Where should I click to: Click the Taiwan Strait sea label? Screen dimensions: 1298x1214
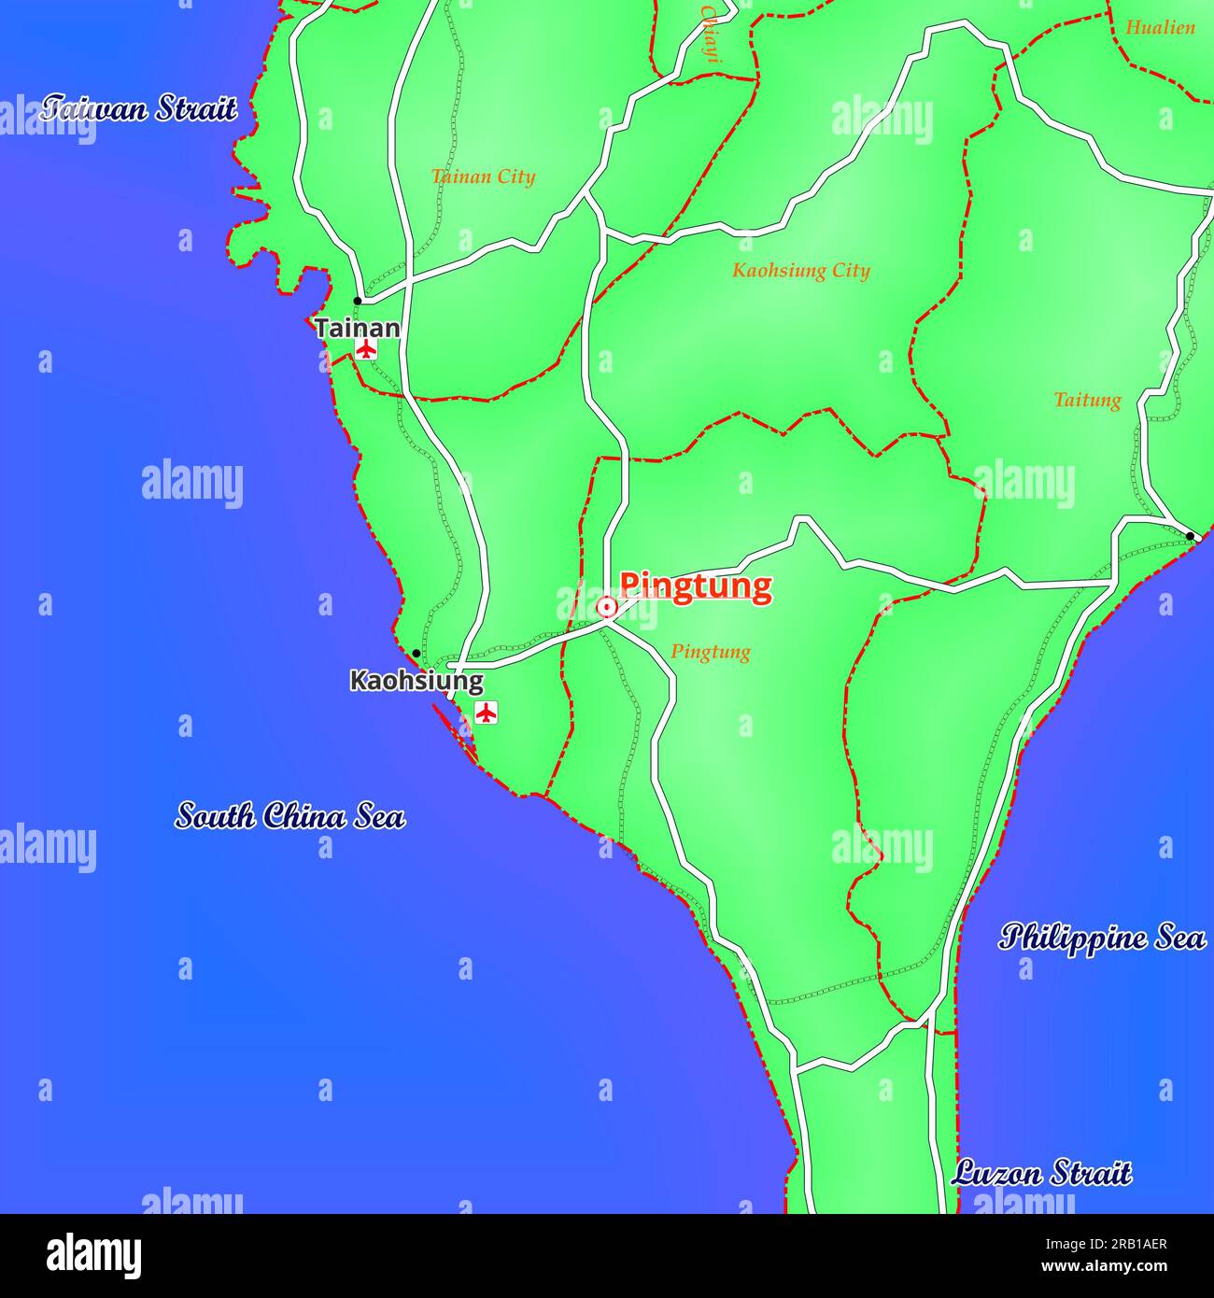(x=138, y=108)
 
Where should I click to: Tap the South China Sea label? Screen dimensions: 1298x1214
(x=289, y=816)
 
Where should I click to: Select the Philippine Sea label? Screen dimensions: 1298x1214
(x=1102, y=937)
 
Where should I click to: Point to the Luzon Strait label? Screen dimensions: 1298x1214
(x=1041, y=1173)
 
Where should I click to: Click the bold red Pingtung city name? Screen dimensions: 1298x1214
(x=696, y=586)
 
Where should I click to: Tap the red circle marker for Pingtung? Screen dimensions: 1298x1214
(x=607, y=608)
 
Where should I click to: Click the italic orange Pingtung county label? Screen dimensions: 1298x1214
(x=711, y=652)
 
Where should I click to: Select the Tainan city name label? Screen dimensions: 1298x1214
(x=357, y=328)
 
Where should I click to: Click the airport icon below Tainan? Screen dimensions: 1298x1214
(x=365, y=350)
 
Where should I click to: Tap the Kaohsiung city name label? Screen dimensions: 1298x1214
(x=416, y=681)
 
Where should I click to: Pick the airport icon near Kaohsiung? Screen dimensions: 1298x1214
(x=486, y=712)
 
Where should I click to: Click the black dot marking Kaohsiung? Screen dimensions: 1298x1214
(x=416, y=654)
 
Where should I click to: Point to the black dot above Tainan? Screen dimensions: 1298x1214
(x=357, y=301)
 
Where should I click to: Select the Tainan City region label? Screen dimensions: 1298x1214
(x=483, y=176)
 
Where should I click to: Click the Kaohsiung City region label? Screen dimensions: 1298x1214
(x=800, y=271)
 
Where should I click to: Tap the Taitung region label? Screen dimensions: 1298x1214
(x=1087, y=401)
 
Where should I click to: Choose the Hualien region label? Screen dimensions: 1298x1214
(x=1160, y=28)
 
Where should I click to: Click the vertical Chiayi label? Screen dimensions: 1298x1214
(x=712, y=33)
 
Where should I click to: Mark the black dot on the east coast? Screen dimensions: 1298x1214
(x=1190, y=536)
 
